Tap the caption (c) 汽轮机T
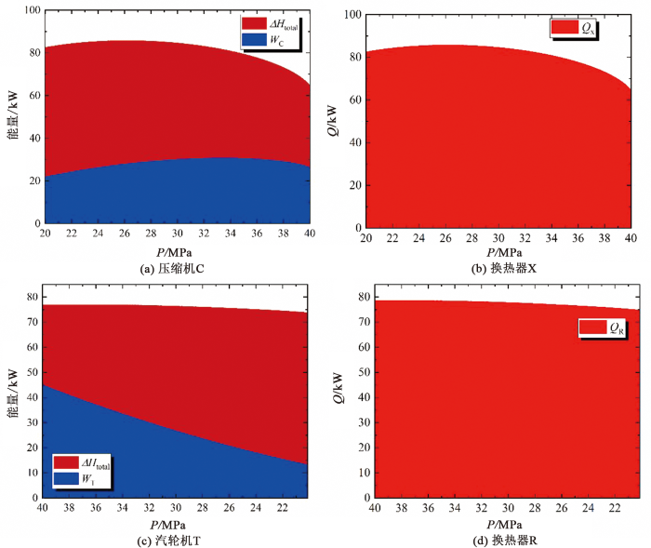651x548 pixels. coord(175,539)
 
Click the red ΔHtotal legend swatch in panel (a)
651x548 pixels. coord(254,23)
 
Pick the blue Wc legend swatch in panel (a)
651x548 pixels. coord(254,40)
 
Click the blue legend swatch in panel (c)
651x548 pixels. coord(66,478)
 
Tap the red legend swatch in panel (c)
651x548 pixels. coord(66,462)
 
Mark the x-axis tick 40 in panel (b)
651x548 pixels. coord(631,239)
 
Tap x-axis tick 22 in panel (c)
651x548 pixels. coord(282,508)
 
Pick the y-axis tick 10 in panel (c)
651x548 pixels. coord(32,473)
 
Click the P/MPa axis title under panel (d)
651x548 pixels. coord(503,523)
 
